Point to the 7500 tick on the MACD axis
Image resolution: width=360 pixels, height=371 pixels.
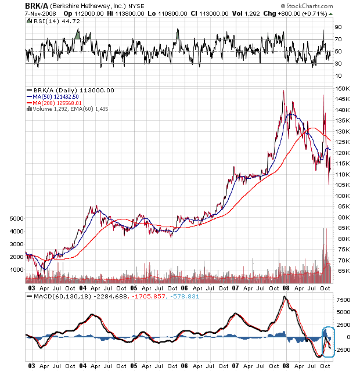coord(342,300)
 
